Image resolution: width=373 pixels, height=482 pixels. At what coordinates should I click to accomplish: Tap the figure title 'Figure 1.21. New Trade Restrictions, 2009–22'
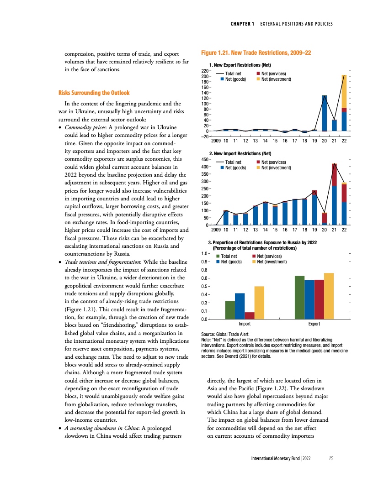coord(256,53)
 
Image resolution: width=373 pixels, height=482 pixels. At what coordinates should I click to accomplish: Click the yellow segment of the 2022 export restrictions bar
coord(344,91)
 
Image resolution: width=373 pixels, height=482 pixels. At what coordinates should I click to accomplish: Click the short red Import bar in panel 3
coord(250,315)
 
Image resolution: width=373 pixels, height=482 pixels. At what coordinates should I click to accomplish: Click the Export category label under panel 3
coord(314,324)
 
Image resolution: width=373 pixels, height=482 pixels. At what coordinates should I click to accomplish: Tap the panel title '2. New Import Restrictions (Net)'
coord(240,153)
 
